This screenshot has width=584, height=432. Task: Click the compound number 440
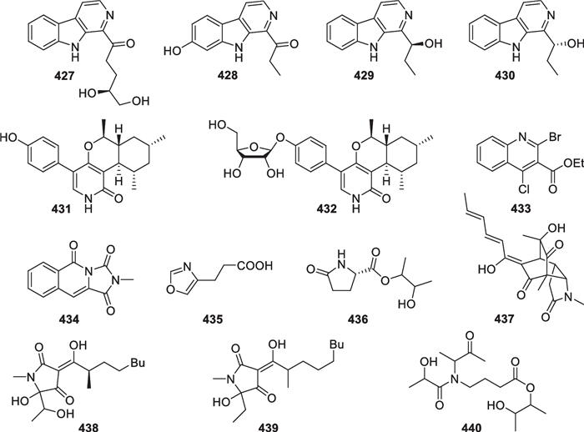click(480, 422)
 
